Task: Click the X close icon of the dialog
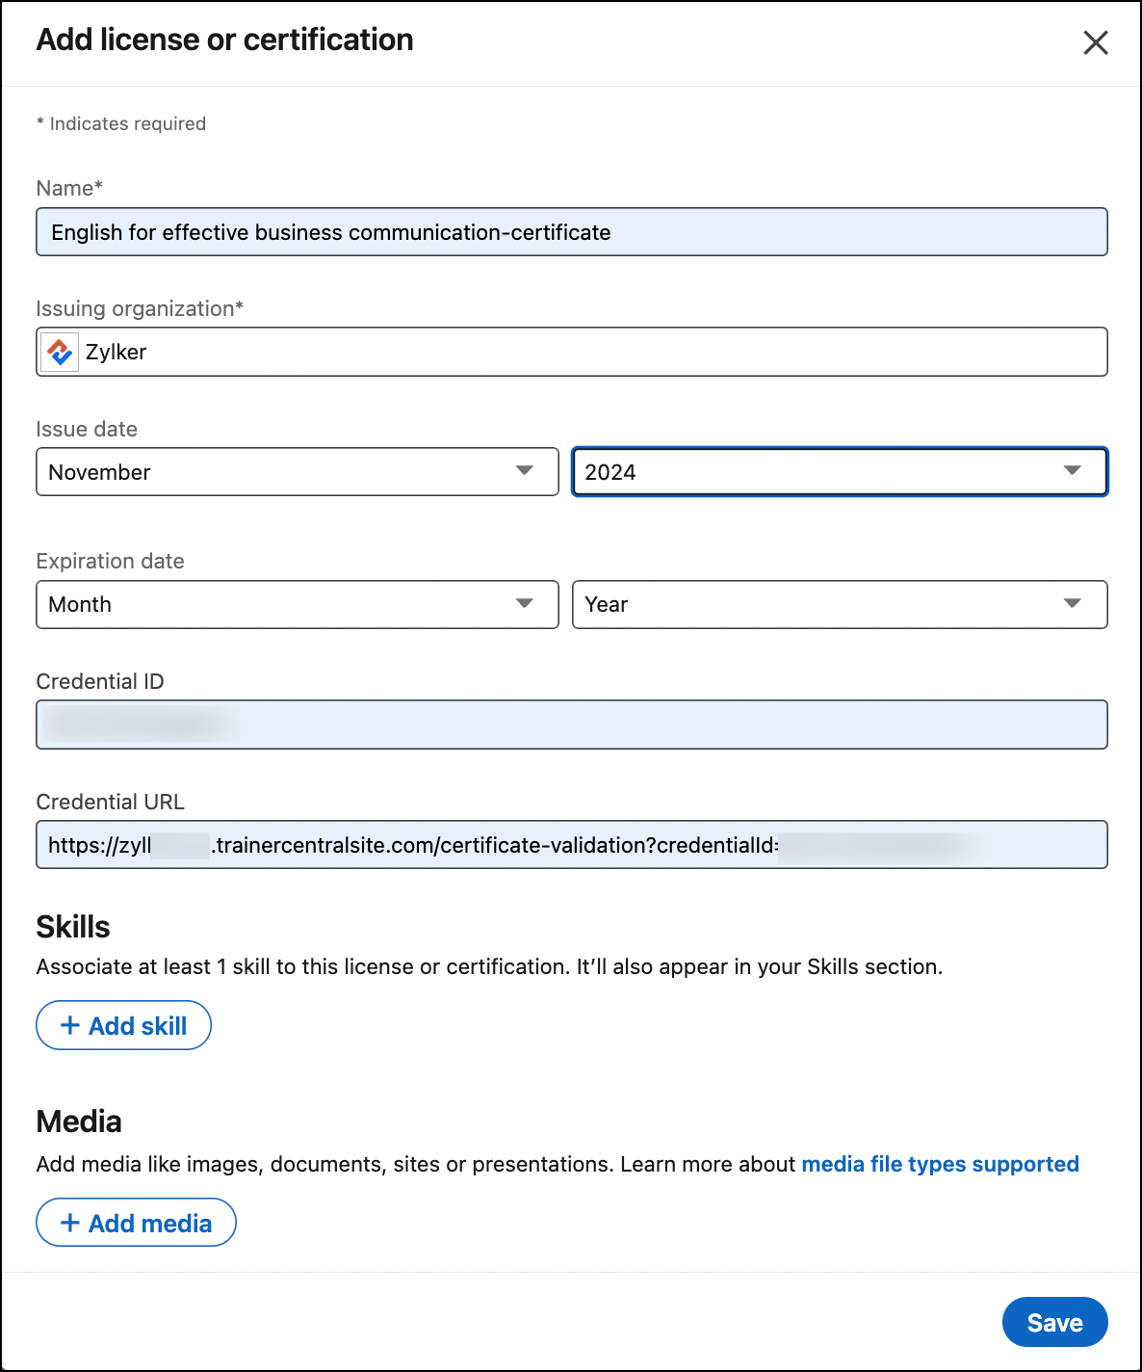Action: click(x=1095, y=42)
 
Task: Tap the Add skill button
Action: click(x=123, y=1025)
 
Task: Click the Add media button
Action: click(x=136, y=1223)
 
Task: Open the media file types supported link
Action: click(x=940, y=1164)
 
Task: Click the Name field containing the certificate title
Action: click(x=571, y=232)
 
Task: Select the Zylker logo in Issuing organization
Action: click(x=60, y=353)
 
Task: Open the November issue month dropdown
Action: click(x=297, y=472)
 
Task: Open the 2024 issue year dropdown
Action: click(x=839, y=472)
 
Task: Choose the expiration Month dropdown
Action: click(x=297, y=604)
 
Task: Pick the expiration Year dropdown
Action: click(x=839, y=604)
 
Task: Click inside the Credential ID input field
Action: click(x=571, y=725)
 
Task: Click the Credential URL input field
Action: click(x=571, y=845)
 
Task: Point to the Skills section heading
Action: click(x=73, y=927)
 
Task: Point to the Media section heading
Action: click(x=79, y=1121)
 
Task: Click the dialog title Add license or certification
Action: click(x=224, y=40)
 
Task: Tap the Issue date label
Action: click(x=87, y=429)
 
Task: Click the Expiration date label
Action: click(x=110, y=561)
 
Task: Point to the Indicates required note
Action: click(x=121, y=123)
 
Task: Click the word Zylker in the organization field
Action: click(x=117, y=353)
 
